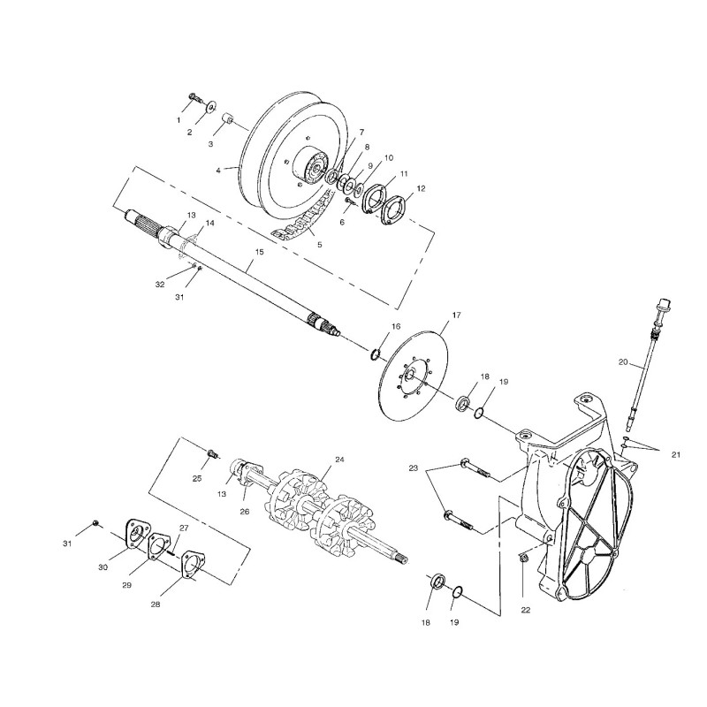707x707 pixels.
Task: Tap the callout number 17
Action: tap(457, 315)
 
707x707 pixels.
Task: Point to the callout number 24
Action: tap(339, 460)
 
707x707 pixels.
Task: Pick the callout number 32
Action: tap(160, 285)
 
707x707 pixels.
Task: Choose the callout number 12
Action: tap(421, 187)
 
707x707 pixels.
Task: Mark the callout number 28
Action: tap(156, 604)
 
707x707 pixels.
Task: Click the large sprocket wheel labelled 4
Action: tap(283, 159)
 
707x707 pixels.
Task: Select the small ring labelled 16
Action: tap(375, 354)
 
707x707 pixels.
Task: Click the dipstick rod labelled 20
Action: tap(644, 371)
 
